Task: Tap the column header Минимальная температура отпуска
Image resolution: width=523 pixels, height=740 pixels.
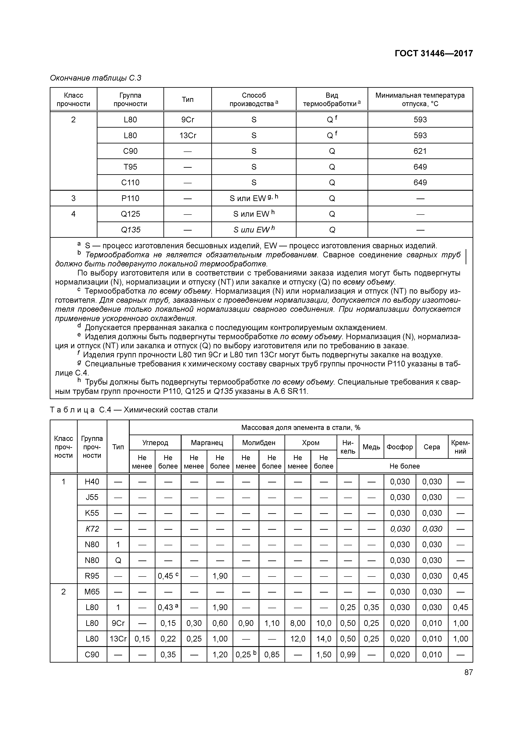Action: [420, 99]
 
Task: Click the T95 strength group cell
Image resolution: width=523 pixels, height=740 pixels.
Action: [130, 167]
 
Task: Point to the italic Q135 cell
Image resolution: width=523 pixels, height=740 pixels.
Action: [130, 230]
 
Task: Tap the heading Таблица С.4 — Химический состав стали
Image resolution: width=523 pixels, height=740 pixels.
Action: [134, 410]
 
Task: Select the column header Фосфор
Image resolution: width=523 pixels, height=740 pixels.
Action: [400, 447]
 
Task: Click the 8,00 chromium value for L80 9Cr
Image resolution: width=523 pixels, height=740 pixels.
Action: [297, 623]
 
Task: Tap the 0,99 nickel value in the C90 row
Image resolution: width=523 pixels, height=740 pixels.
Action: [348, 655]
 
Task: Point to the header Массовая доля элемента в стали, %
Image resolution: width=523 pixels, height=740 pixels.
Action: [301, 427]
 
